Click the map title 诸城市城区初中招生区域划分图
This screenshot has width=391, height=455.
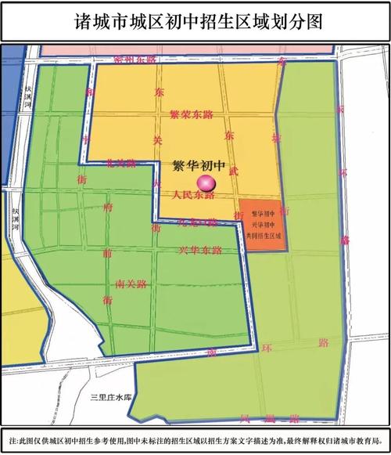point(195,20)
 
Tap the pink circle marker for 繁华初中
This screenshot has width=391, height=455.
point(206,183)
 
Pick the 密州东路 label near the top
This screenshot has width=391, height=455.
point(135,60)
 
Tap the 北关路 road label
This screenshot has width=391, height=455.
point(121,164)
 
